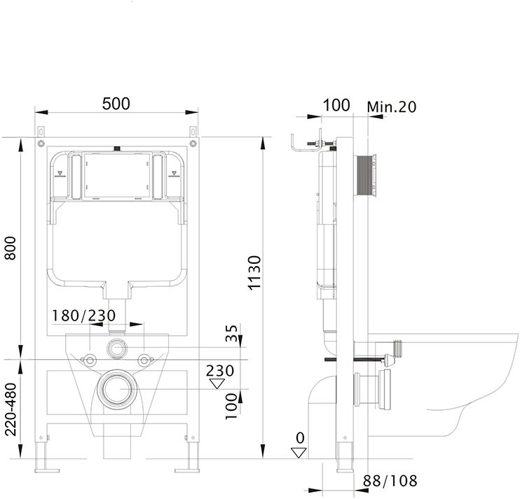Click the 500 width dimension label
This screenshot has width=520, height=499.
pos(116,104)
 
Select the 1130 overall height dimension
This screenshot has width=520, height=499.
pos(255,273)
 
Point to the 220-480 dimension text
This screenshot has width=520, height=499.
pos(11,409)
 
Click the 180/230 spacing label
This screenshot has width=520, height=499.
pos(84,316)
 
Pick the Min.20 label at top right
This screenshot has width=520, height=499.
pos(391,107)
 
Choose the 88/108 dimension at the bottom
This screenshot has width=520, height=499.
pos(390,481)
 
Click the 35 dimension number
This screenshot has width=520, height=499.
pos(232,333)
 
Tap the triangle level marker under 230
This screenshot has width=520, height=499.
pos(217,384)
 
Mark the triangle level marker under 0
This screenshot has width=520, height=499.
pos(299,453)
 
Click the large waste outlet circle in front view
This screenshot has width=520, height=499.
pos(117,389)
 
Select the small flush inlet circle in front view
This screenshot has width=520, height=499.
pos(117,349)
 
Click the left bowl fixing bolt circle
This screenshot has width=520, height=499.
pos(89,360)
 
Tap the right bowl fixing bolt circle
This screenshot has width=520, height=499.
pos(144,360)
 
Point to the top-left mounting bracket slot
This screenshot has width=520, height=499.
pos(41,132)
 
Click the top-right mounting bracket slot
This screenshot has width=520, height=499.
pos(193,132)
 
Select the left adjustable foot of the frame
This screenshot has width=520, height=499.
pos(43,456)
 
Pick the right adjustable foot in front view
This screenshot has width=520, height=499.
pos(191,456)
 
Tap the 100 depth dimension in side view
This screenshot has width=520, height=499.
pos(336,105)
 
